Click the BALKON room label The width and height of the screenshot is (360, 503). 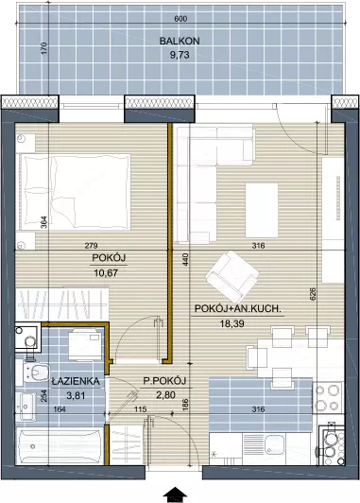(180, 41)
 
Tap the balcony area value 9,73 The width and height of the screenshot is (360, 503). (180, 55)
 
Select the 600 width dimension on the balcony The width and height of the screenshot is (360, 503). (180, 19)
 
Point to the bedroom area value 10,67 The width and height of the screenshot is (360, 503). (106, 273)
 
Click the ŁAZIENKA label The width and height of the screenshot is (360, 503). (76, 381)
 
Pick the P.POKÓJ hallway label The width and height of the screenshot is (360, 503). (164, 381)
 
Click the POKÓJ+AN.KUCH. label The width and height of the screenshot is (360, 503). (238, 308)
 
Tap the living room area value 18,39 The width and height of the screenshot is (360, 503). (231, 323)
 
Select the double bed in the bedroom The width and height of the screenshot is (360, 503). (75, 192)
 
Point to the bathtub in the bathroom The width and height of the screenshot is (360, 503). (60, 446)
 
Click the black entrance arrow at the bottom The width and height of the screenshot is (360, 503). (175, 494)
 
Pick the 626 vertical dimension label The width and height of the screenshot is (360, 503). (313, 294)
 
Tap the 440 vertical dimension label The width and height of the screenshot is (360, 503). (186, 259)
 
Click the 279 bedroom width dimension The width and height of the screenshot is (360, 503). (92, 246)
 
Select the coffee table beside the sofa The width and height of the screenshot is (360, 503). (262, 211)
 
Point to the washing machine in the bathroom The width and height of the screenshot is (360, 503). (85, 345)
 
